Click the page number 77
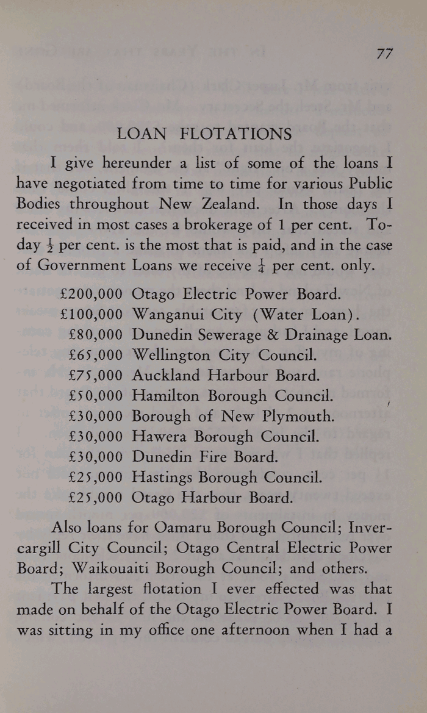384,53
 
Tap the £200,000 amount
92,295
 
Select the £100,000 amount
92,315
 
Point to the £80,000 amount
96,335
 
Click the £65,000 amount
96,355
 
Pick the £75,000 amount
96,375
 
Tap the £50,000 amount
96,396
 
